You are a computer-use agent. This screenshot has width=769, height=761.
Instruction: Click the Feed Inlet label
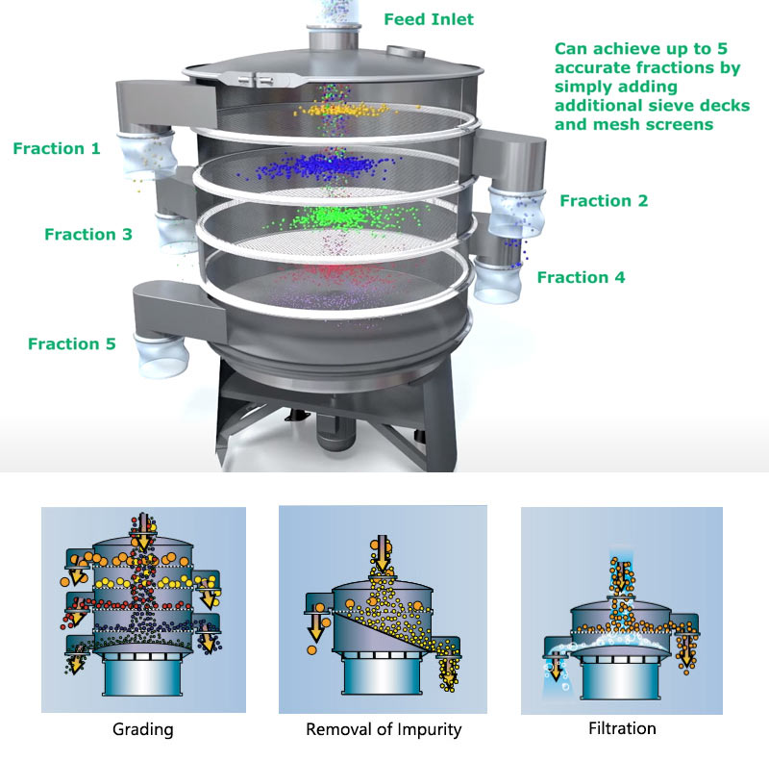click(429, 19)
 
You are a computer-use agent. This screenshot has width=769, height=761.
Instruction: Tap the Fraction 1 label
click(57, 148)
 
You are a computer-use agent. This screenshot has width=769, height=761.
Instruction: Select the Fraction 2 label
click(604, 200)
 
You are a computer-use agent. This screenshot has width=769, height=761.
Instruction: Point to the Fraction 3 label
click(88, 234)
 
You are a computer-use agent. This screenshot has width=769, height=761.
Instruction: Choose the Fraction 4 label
click(582, 277)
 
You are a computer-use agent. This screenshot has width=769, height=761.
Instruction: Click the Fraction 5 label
click(71, 343)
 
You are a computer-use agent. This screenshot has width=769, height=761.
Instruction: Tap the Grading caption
click(142, 729)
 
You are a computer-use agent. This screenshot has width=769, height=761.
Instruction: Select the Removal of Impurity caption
click(384, 729)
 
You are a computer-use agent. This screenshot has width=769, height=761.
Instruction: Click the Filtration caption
click(622, 727)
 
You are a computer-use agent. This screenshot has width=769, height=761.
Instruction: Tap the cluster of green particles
click(338, 216)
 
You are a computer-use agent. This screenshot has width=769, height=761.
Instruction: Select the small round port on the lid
click(406, 51)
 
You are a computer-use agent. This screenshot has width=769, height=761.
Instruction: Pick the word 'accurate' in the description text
click(592, 67)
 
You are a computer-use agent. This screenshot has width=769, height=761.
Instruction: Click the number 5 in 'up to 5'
click(722, 48)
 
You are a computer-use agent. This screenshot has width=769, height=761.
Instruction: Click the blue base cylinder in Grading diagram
click(142, 676)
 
